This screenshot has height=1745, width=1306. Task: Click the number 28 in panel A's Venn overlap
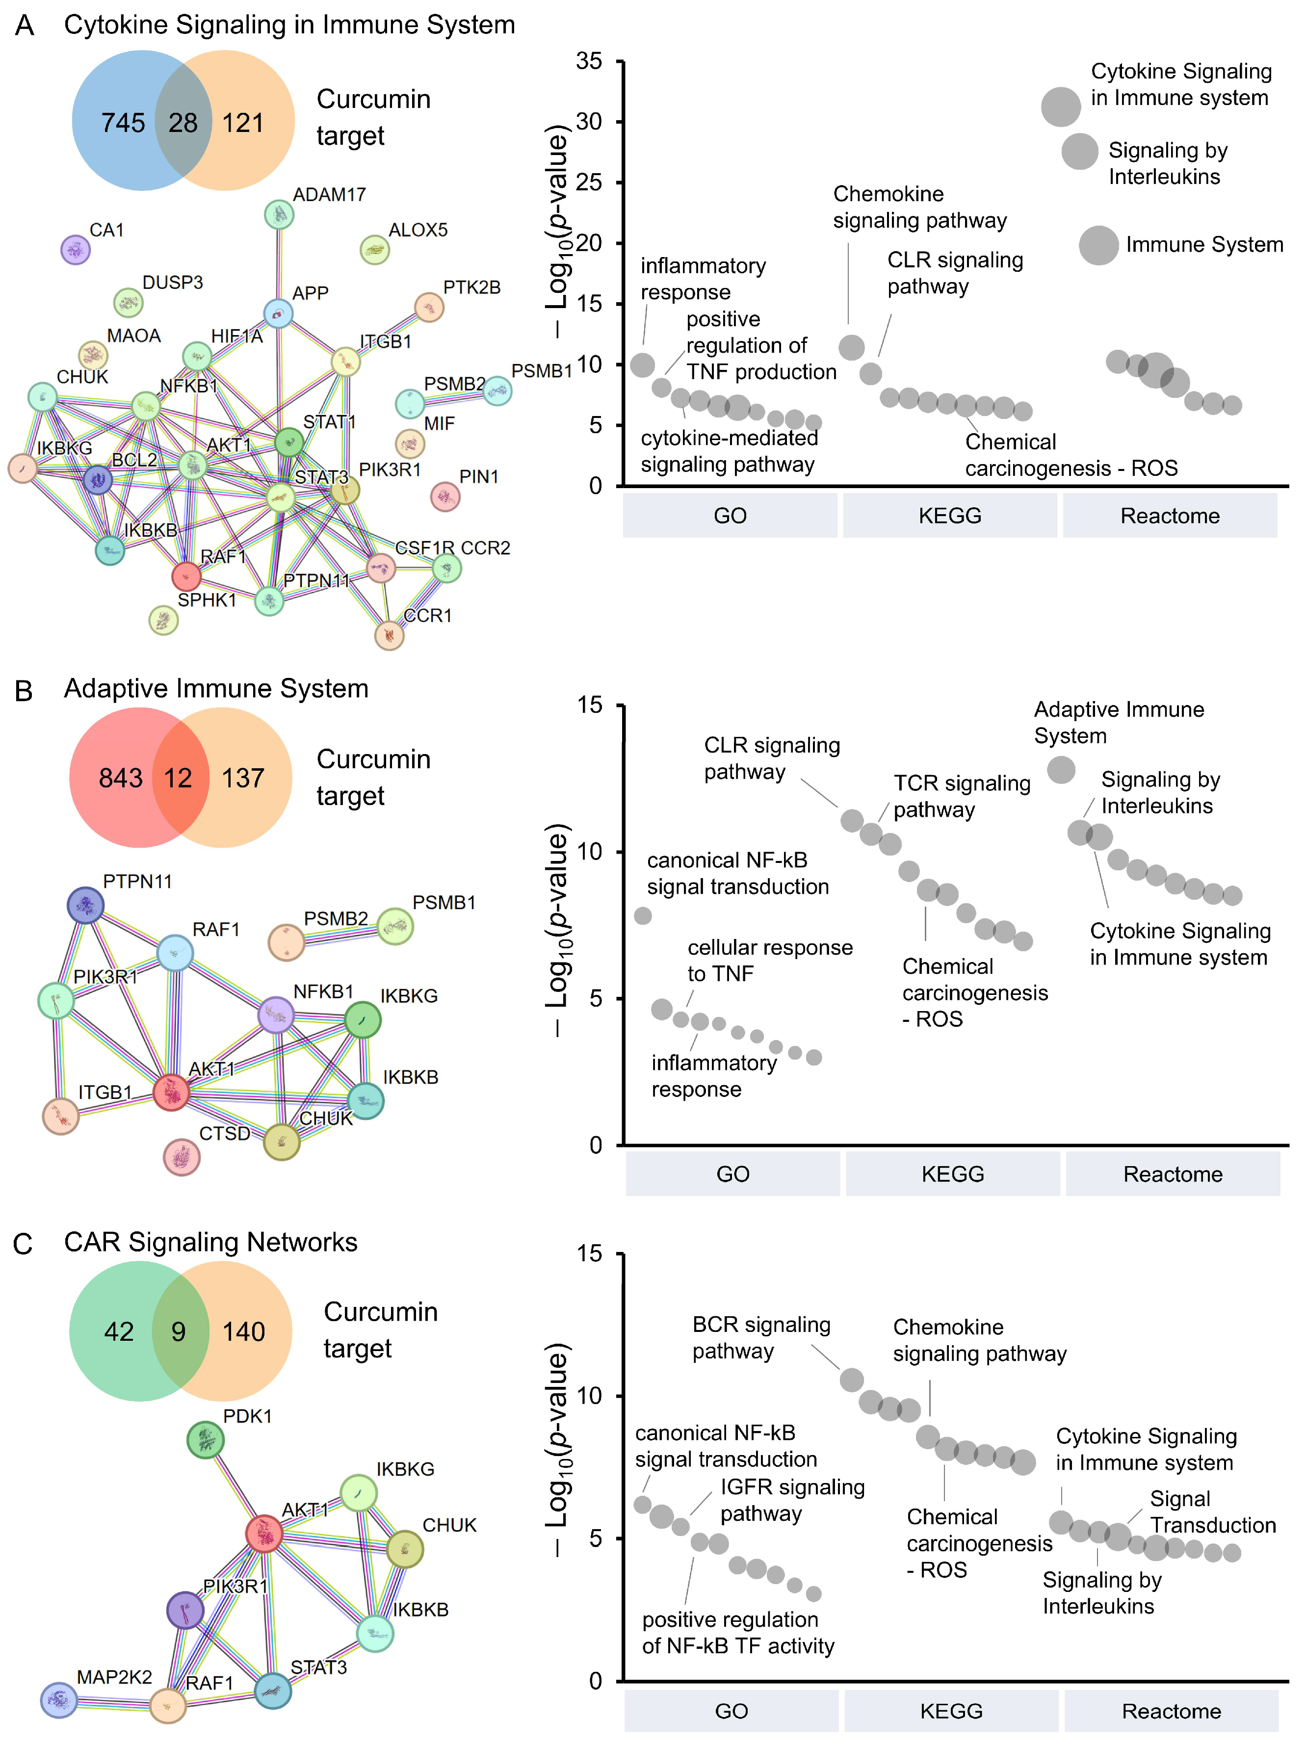pos(183,122)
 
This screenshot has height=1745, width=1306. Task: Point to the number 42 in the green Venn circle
pos(119,1331)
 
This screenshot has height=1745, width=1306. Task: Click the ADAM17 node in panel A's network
pos(279,214)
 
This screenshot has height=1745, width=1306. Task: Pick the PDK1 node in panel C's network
pos(205,1440)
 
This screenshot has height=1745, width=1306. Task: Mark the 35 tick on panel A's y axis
pos(590,61)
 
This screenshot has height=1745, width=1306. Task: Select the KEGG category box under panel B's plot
pos(952,1174)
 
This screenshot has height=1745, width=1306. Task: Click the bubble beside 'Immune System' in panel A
pos(1098,245)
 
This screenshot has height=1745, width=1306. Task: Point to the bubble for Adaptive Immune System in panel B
pos(1061,769)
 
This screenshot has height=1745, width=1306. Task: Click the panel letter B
pos(24,691)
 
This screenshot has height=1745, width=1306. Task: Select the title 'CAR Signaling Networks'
pos(210,1242)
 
